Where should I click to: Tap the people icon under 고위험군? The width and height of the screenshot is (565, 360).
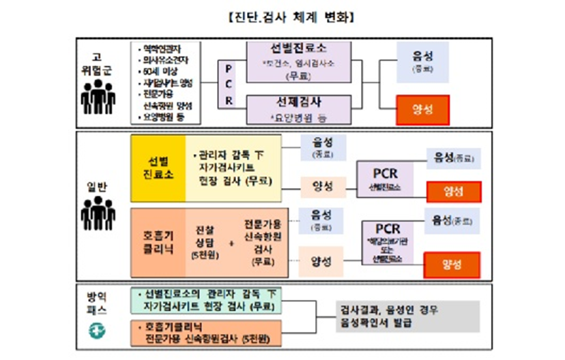pos(98,97)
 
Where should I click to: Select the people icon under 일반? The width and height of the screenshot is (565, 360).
pos(98,214)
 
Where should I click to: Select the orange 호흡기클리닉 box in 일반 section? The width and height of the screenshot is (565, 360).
pos(158,242)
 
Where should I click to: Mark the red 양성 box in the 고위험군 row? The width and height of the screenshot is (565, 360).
pos(423,110)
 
